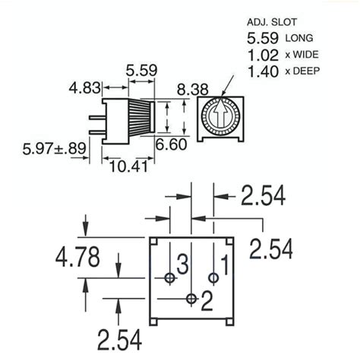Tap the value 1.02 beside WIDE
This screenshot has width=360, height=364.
[261, 55]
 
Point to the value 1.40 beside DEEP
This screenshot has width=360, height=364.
[261, 73]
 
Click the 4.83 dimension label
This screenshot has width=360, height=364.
[86, 89]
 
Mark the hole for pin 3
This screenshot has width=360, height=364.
[169, 278]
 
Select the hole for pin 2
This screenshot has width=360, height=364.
[191, 298]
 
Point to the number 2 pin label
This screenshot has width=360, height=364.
[206, 302]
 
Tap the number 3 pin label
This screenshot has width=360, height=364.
[182, 266]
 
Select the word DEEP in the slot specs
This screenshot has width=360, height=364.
[305, 73]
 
